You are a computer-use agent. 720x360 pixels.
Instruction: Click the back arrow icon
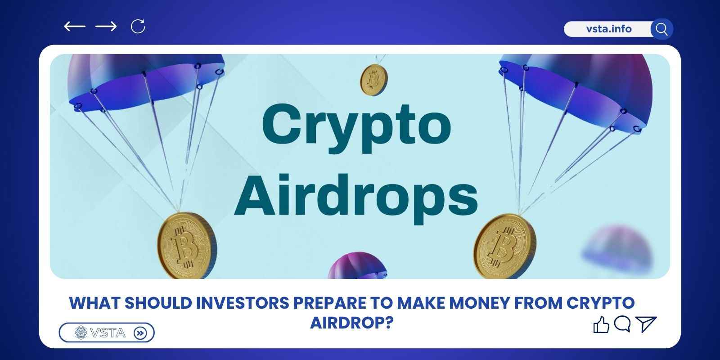75,27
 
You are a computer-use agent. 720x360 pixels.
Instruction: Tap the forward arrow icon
106,27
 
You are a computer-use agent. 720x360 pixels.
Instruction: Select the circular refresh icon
138,27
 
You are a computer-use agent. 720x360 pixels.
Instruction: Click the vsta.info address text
609,29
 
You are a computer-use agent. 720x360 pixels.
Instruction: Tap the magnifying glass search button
661,29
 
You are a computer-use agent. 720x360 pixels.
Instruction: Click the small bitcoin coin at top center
374,80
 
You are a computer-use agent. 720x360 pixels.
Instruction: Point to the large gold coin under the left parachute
187,246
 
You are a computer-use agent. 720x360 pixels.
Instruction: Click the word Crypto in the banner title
357,129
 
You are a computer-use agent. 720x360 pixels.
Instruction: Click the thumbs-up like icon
601,324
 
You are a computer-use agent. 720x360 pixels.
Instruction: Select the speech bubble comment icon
622,324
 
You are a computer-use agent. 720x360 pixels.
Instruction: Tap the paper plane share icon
646,324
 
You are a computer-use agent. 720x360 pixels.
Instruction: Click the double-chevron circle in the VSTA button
140,333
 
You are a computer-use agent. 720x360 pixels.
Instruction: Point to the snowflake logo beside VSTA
81,333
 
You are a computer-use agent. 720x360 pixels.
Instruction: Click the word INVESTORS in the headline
243,303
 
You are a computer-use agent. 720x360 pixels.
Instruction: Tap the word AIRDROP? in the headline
352,323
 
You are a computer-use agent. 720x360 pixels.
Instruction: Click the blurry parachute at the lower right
616,248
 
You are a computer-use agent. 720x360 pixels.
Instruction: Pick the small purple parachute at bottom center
357,265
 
